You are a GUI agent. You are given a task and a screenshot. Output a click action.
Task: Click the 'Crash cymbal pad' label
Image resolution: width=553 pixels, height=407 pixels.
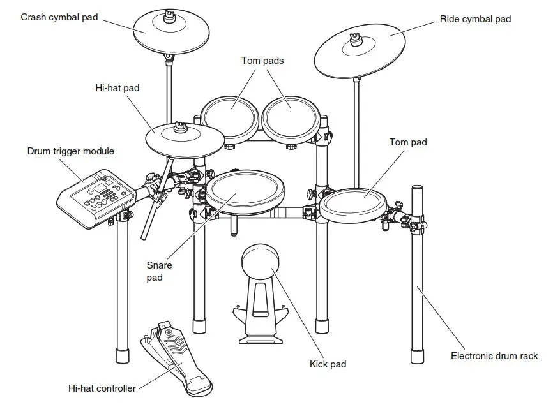pyautogui.click(x=59, y=17)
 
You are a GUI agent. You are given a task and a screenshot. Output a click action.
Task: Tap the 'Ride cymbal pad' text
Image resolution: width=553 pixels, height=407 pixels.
pyautogui.click(x=475, y=19)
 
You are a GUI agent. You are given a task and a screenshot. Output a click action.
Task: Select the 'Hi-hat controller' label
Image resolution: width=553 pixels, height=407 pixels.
pyautogui.click(x=102, y=388)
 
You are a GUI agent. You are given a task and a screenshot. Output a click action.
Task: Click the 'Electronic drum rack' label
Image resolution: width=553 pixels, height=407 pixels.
pyautogui.click(x=494, y=356)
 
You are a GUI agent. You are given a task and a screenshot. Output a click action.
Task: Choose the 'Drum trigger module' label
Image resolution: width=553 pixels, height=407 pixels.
pyautogui.click(x=71, y=151)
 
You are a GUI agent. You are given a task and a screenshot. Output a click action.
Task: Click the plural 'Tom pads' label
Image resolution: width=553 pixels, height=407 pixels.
pyautogui.click(x=262, y=61)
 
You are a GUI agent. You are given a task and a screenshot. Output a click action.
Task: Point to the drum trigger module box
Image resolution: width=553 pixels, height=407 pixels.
pyautogui.click(x=96, y=198)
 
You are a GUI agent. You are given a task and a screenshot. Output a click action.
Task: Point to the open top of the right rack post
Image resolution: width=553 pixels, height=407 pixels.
pyautogui.click(x=417, y=188)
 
